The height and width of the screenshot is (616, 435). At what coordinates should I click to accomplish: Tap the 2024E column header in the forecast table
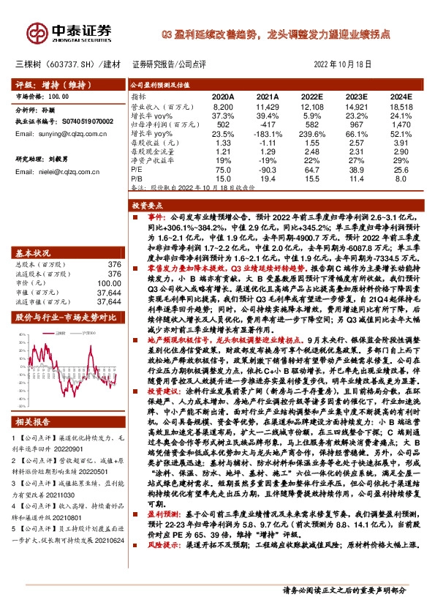400,97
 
